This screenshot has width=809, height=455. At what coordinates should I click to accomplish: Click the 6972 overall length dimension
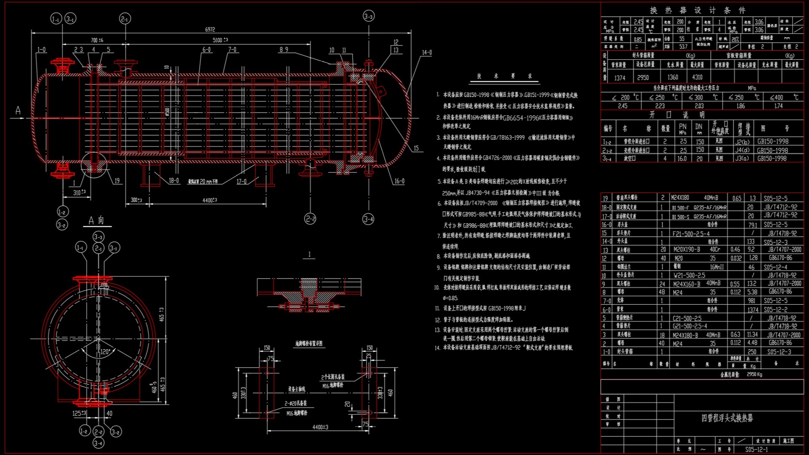pyautogui.click(x=210, y=29)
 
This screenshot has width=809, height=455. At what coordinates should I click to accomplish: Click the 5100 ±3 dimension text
pyautogui.click(x=220, y=40)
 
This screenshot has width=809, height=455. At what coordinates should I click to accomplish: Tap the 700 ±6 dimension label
pyautogui.click(x=97, y=40)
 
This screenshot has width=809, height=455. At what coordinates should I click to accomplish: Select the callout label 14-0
pyautogui.click(x=426, y=53)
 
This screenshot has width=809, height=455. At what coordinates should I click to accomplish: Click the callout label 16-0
pyautogui.click(x=399, y=181)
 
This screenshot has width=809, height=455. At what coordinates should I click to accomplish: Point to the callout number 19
pyautogui.click(x=117, y=181)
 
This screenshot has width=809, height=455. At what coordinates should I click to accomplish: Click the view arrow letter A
pyautogui.click(x=18, y=110)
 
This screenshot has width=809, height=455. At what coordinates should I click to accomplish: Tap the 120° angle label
pyautogui.click(x=105, y=351)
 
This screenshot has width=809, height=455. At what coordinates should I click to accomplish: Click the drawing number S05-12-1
pyautogui.click(x=756, y=449)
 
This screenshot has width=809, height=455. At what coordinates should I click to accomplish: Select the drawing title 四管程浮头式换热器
pyautogui.click(x=727, y=418)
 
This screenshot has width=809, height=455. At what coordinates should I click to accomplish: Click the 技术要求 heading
pyautogui.click(x=504, y=76)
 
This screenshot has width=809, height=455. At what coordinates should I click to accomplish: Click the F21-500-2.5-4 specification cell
pyautogui.click(x=691, y=233)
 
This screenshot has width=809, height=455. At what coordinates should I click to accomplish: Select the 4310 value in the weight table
pyautogui.click(x=697, y=77)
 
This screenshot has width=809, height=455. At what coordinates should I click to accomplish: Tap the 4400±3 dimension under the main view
pyautogui.click(x=209, y=200)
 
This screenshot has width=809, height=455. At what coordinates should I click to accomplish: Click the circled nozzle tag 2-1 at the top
pyautogui.click(x=125, y=19)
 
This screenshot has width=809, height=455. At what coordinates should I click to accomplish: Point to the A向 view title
pyautogui.click(x=96, y=220)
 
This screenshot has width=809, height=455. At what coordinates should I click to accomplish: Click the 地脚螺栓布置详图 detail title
pyautogui.click(x=308, y=343)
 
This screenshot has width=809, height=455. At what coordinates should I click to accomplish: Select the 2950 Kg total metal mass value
pyautogui.click(x=754, y=374)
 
